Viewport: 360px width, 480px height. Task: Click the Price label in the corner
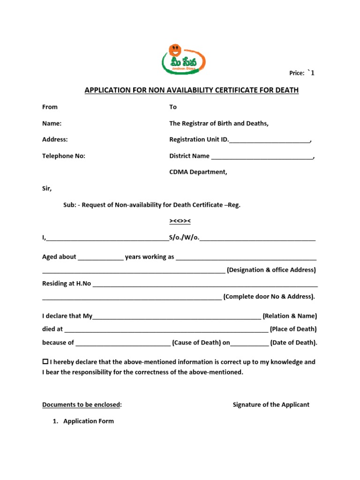pos(297,73)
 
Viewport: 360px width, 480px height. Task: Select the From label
pos(50,107)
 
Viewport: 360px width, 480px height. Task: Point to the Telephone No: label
pos(64,156)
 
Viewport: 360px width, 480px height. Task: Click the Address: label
pos(55,139)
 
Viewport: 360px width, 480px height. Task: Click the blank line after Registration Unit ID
pos(270,140)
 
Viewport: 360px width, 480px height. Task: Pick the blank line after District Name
pos(262,157)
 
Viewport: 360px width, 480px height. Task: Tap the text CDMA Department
pos(198,172)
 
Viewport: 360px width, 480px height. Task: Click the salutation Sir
pos(47,188)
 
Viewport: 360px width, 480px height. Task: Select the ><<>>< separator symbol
pos(180,221)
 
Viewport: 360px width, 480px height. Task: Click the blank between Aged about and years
pos(101,257)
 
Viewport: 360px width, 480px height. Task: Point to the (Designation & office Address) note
pos(271,270)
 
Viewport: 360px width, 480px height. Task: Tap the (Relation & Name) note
pos(290,316)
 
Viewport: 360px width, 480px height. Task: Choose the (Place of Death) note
pos(293,329)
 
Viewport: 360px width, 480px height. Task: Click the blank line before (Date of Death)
pos(250,343)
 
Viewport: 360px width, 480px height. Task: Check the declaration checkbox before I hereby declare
pos(45,362)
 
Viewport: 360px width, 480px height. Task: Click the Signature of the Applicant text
pos(271,405)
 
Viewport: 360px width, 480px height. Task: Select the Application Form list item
pos(89,421)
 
